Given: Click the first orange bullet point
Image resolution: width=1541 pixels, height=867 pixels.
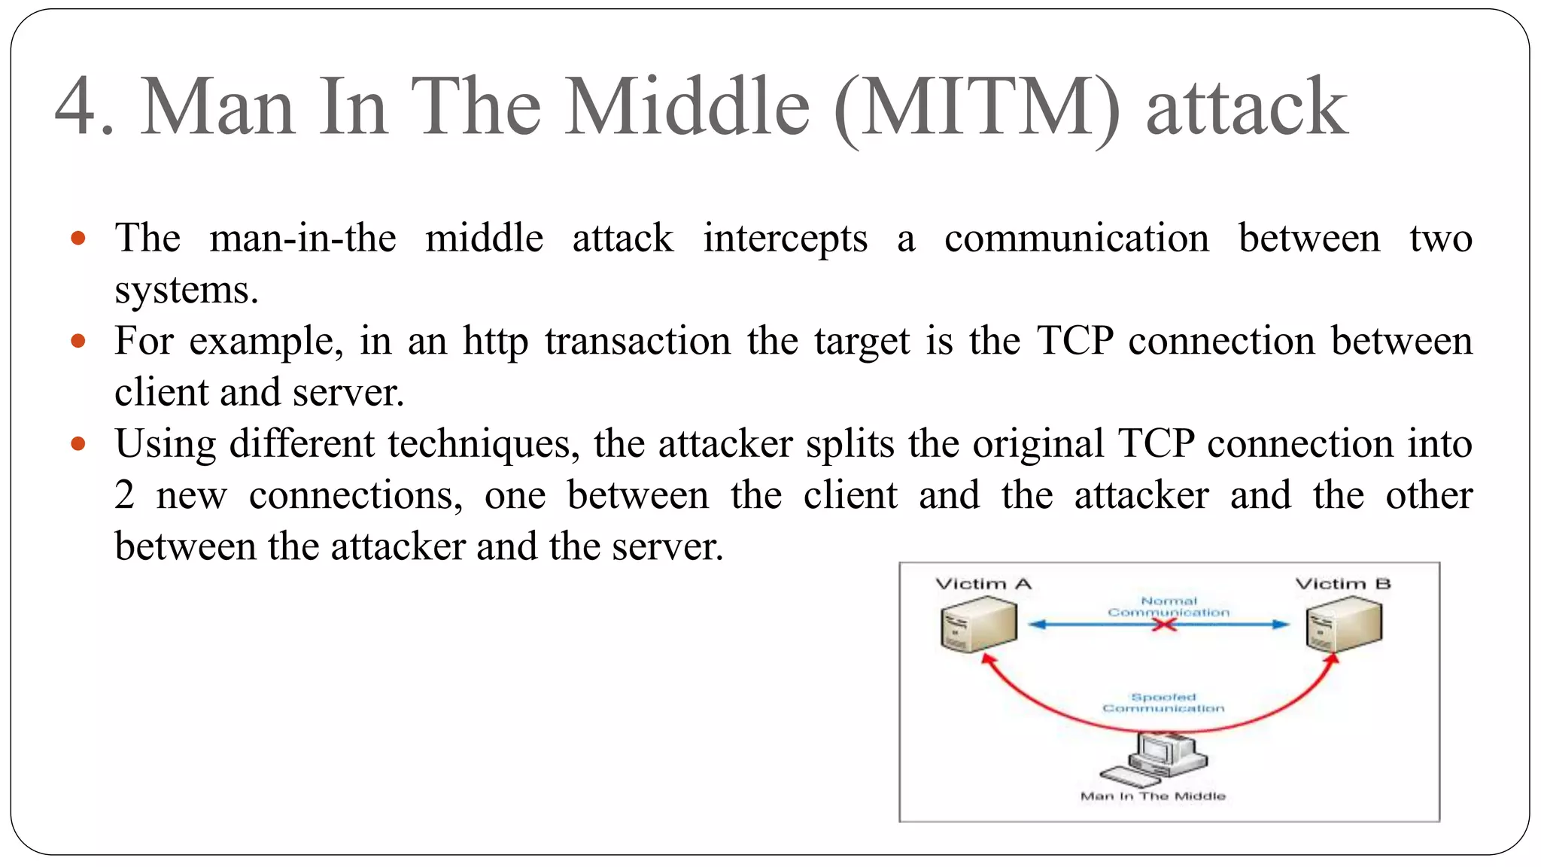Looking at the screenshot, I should [x=78, y=239].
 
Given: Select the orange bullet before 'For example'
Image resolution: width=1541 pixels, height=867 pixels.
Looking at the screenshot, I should [x=78, y=342].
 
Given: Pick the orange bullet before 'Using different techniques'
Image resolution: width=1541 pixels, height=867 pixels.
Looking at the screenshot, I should [x=78, y=444].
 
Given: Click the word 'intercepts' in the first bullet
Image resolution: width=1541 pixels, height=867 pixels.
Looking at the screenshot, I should [x=785, y=239].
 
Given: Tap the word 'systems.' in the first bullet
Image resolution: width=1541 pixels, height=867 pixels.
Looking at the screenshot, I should [x=187, y=291].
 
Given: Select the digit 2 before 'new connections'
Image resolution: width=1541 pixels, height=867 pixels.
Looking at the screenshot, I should [x=125, y=496].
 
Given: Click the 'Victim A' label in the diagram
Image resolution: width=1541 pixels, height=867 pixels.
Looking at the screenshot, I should [x=983, y=584].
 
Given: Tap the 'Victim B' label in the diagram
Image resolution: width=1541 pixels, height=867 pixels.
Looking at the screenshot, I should [x=1342, y=584].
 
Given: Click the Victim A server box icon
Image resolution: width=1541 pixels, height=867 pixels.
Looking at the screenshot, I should [x=978, y=625].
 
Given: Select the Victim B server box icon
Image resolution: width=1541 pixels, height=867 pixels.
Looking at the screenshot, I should [x=1344, y=625].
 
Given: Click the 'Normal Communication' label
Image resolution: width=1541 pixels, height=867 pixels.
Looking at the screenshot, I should [x=1169, y=607].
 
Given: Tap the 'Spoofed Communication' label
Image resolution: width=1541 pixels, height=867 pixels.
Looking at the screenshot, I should [x=1163, y=703].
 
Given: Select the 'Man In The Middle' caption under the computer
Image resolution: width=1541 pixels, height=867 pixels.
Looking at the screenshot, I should [x=1153, y=796].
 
